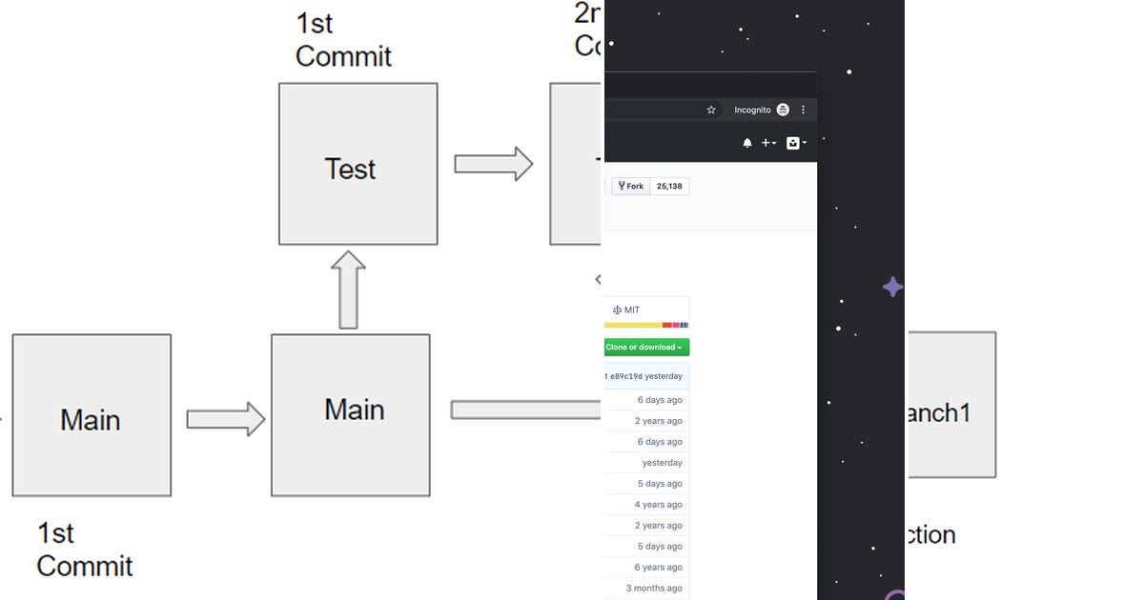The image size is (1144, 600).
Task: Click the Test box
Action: (x=357, y=164)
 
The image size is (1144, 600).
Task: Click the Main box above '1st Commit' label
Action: (x=92, y=415)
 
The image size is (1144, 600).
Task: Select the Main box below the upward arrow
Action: (x=350, y=415)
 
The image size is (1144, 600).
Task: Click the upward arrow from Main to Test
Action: (x=349, y=290)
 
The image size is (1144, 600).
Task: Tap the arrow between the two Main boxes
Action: (x=225, y=419)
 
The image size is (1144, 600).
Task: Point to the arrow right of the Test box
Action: (x=493, y=164)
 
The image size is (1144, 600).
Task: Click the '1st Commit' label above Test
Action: (x=342, y=39)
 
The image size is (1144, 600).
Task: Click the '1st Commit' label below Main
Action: (x=84, y=550)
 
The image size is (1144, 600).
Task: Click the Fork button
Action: (x=631, y=187)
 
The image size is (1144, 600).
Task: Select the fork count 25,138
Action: (x=669, y=187)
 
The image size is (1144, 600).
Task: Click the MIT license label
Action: (x=626, y=310)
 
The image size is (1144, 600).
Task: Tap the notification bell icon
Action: (x=747, y=143)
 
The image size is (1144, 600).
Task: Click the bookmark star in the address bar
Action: (x=711, y=110)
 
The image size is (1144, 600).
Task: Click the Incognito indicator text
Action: (x=752, y=110)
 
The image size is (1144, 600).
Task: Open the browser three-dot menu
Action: (x=803, y=110)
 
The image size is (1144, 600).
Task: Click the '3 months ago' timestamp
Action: (x=654, y=589)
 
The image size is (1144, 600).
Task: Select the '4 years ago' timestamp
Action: (x=659, y=505)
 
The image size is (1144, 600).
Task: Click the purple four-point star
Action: (x=892, y=287)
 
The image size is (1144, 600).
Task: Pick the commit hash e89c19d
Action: (x=625, y=376)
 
